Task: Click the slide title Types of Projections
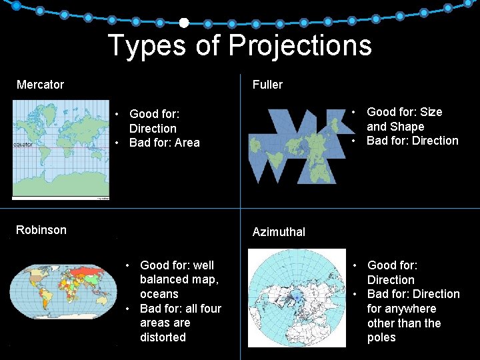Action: coord(239,45)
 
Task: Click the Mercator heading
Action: coord(40,85)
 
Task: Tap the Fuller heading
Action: coord(267,85)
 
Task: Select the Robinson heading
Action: coord(41,230)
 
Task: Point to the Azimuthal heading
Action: coord(279,232)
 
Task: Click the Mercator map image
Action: coord(61,149)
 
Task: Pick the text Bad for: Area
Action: coord(164,143)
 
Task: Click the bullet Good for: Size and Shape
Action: coord(404,119)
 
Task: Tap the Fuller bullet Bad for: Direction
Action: coord(412,141)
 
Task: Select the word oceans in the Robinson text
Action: coord(159,294)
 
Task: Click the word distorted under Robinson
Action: coord(163,337)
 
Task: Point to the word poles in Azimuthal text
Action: coord(381,337)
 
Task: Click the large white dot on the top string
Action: coord(184,23)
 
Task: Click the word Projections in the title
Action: coord(300,45)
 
